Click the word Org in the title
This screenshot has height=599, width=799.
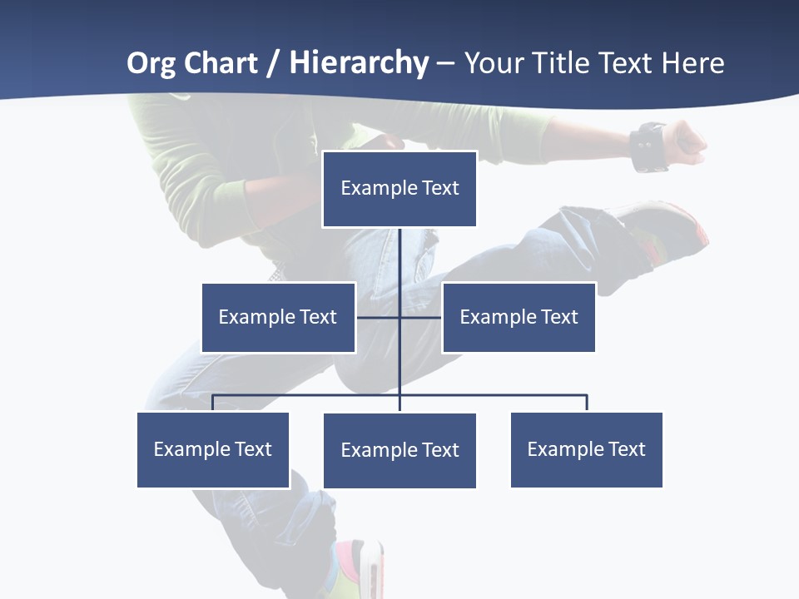pyautogui.click(x=151, y=63)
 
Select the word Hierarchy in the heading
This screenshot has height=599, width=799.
pyautogui.click(x=359, y=63)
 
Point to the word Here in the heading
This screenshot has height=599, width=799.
pyautogui.click(x=692, y=63)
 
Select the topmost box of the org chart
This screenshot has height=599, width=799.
pyautogui.click(x=399, y=189)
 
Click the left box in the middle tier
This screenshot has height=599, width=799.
pyautogui.click(x=278, y=317)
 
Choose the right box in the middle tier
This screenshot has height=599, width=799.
pyautogui.click(x=519, y=317)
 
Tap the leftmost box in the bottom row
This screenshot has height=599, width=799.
pyautogui.click(x=213, y=449)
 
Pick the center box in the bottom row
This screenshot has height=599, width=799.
pyautogui.click(x=399, y=450)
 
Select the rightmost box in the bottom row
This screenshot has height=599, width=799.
pyautogui.click(x=586, y=449)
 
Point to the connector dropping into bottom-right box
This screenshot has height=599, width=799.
pyautogui.click(x=587, y=403)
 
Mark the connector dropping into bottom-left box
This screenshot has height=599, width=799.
pyautogui.click(x=213, y=403)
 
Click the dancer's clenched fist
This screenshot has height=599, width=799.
pyautogui.click(x=687, y=142)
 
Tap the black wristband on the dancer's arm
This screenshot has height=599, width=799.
pyautogui.click(x=648, y=146)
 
